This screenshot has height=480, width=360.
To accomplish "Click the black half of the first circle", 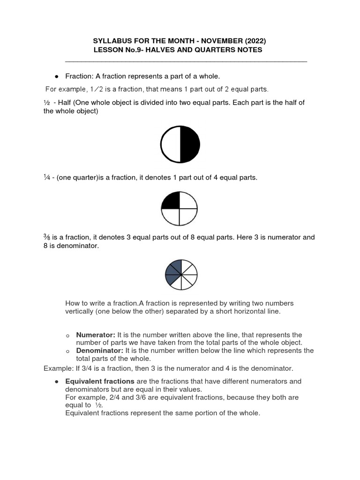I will tap(190, 144).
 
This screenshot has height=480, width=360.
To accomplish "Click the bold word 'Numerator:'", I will tap(96, 335).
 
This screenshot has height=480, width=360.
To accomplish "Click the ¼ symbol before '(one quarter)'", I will tap(46, 178).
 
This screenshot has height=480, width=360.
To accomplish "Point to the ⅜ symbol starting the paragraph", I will tap(46, 238).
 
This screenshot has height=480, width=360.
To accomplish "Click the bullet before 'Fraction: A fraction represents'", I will tap(56, 76).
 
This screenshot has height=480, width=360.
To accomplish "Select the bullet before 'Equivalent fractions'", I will tap(56, 382).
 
